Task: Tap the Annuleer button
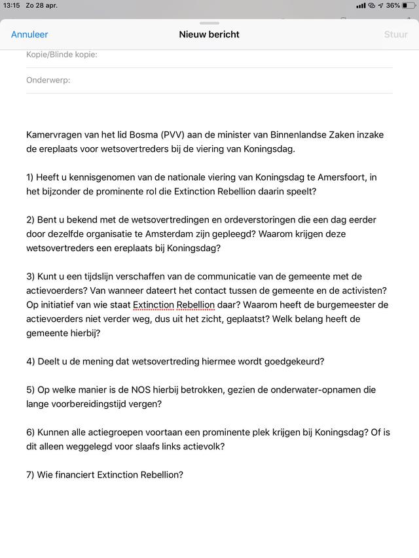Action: pos(29,35)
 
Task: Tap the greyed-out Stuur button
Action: pos(395,35)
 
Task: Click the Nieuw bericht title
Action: pos(209,35)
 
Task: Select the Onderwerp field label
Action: pos(48,80)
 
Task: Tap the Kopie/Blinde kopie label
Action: pos(62,54)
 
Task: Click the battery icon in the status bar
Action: pos(410,5)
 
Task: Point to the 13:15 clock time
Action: pos(12,5)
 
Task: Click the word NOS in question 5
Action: pos(153,390)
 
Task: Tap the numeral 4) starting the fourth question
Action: pos(31,362)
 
